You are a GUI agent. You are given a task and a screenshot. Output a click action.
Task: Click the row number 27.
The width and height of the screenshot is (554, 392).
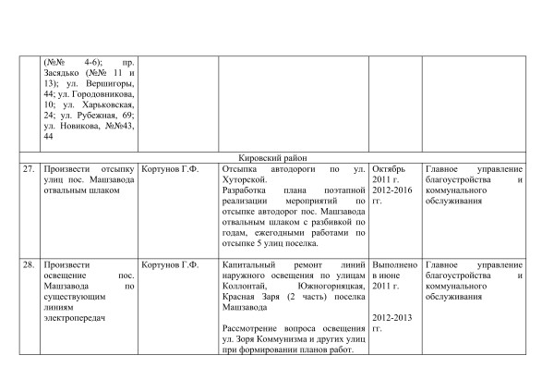point(30,171)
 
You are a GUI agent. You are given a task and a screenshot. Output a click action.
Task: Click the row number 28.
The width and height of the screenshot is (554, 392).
point(30,265)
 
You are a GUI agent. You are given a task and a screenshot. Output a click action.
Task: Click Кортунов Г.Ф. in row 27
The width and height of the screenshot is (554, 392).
point(171,171)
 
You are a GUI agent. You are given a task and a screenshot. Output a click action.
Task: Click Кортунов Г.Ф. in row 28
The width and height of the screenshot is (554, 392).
point(171,265)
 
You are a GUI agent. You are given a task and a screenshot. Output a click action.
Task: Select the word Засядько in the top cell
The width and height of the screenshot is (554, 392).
point(63,71)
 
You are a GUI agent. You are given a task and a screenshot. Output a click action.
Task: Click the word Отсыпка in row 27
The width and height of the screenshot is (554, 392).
point(243,171)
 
